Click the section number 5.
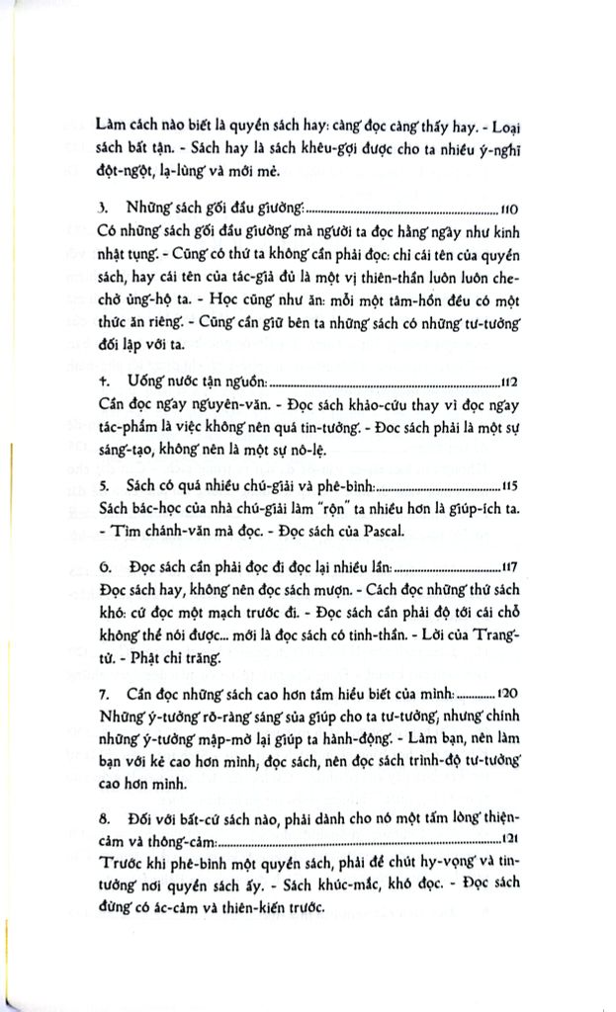tap(103, 486)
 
